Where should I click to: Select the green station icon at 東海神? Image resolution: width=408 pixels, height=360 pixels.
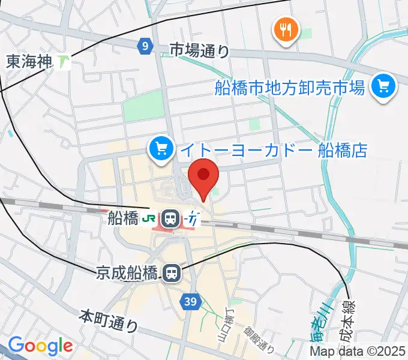[x=64, y=61]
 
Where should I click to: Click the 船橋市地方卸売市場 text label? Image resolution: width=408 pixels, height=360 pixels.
[x=290, y=89]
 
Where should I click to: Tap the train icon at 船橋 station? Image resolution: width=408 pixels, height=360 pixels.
[x=172, y=218]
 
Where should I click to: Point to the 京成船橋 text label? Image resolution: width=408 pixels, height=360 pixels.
[x=127, y=274]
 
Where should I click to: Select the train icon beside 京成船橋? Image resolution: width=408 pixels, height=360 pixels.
[x=172, y=274]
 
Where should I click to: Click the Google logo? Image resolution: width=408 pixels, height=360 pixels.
[x=40, y=346]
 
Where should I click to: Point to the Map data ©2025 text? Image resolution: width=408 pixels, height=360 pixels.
[x=358, y=352]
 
